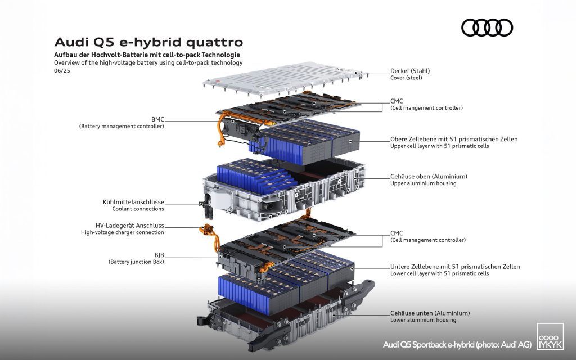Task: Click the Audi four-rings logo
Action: (487, 28)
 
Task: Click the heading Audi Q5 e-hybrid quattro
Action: (148, 42)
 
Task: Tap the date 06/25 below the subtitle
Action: (62, 70)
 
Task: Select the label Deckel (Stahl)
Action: (410, 71)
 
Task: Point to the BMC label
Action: (157, 119)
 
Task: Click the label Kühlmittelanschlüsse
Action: (133, 202)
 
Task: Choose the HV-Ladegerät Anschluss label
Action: (130, 226)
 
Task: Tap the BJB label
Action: (159, 255)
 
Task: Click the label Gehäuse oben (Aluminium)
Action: (429, 176)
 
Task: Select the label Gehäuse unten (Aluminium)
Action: (430, 313)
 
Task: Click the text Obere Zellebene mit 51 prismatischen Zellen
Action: (454, 139)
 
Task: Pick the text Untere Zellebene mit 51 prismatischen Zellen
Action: (455, 267)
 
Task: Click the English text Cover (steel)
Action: (406, 78)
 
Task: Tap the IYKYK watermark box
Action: (550, 336)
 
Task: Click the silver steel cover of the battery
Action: (285, 79)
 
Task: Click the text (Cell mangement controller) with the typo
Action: (426, 108)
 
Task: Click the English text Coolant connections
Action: (138, 209)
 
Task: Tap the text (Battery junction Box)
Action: (136, 262)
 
